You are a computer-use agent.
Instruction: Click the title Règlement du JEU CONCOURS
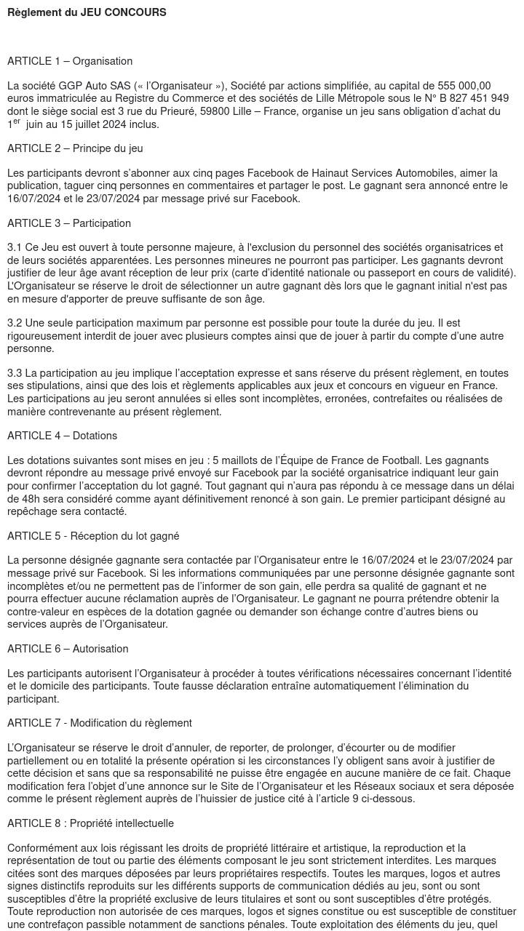coord(87,12)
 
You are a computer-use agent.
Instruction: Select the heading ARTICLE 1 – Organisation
coord(70,61)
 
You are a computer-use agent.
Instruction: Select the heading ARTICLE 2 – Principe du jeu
coord(75,148)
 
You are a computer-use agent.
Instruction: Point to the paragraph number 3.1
coord(15,248)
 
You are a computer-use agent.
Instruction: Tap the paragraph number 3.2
coord(15,323)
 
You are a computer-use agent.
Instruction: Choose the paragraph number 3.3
coord(15,373)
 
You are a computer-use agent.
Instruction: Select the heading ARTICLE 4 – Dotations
coord(62,436)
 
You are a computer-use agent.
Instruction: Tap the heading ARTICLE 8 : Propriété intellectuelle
coord(90,823)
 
